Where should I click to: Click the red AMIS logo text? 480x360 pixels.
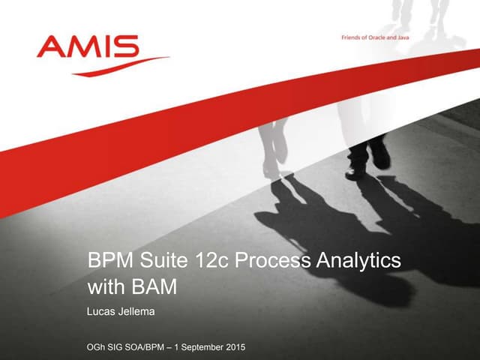88,47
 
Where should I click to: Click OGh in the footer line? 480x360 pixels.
99,346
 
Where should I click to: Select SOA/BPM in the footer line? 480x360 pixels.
154,346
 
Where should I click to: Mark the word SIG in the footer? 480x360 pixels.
123,346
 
